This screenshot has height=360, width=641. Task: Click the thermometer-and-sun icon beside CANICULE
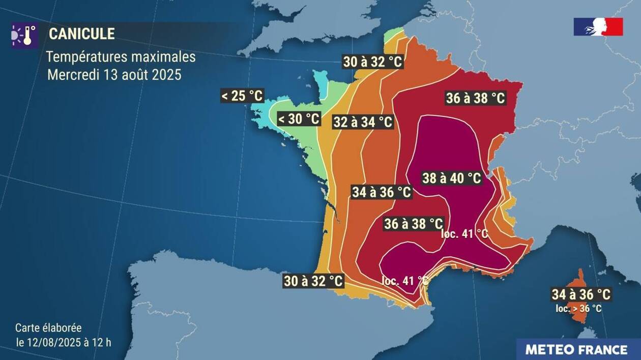pos(24,35)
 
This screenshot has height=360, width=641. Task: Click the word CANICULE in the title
pos(81,34)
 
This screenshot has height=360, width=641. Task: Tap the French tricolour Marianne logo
pos(598,26)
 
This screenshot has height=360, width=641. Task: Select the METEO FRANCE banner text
pos(576,350)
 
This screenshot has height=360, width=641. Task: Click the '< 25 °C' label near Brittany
pos(242,96)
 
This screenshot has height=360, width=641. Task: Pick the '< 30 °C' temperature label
pos(299,119)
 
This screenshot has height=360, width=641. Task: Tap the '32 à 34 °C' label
pos(363,122)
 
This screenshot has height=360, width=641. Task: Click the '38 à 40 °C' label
pos(452,178)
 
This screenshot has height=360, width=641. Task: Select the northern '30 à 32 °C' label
pos(372,62)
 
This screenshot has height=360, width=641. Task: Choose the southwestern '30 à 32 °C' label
pos(313,281)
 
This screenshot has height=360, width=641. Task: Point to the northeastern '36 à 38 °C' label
pos(475,98)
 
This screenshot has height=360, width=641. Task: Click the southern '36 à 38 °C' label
pos(413,223)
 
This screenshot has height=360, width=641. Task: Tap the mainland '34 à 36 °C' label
pos(382,192)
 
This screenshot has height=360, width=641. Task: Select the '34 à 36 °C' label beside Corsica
pos(580,294)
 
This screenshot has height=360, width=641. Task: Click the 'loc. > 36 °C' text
pos(578,308)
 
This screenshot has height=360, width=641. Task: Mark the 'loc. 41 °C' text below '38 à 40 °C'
pos(464,234)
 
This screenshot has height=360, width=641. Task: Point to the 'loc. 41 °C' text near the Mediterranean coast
pos(405,280)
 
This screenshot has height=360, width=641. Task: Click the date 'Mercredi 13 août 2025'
pos(114,75)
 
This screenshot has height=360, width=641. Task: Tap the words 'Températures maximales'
pos(121,56)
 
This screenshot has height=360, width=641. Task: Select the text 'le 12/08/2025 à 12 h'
pos(64,342)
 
